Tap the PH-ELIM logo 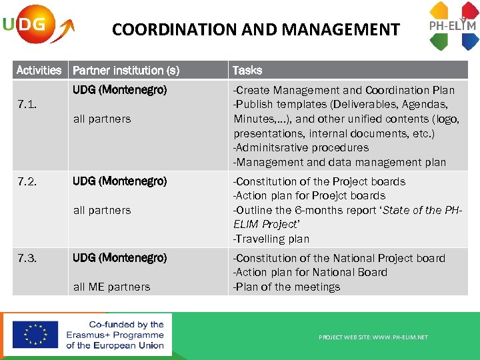[453, 26]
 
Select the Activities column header [39, 70]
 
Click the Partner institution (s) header [126, 70]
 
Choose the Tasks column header [247, 70]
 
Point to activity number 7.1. [27, 105]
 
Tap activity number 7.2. [27, 181]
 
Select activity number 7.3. [27, 258]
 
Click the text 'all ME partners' [111, 287]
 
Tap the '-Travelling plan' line [271, 239]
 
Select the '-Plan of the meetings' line [286, 287]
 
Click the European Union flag [35, 335]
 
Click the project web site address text [373, 337]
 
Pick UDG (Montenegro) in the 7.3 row [119, 258]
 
